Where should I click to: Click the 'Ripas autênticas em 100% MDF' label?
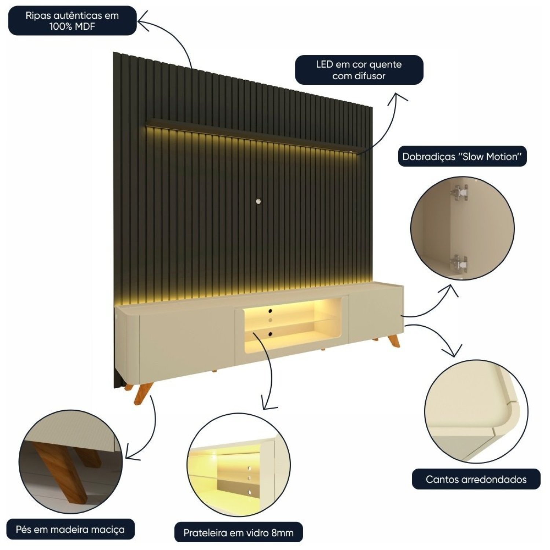[72, 21]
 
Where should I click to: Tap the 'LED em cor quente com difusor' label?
[359, 70]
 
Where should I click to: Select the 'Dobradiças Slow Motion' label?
[462, 157]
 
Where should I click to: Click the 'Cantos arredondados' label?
[476, 479]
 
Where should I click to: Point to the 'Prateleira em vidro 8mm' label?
[238, 532]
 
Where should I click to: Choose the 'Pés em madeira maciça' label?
[70, 529]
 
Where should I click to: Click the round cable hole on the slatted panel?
[259, 201]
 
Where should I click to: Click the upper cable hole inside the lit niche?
[270, 311]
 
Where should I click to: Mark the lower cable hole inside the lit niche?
[270, 334]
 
